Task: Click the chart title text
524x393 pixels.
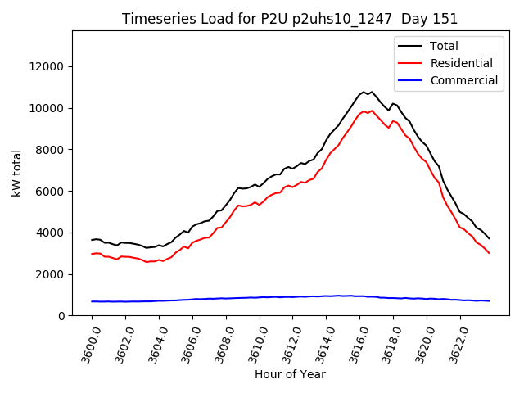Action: [x=290, y=19]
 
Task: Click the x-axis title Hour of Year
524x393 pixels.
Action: [x=290, y=374]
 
